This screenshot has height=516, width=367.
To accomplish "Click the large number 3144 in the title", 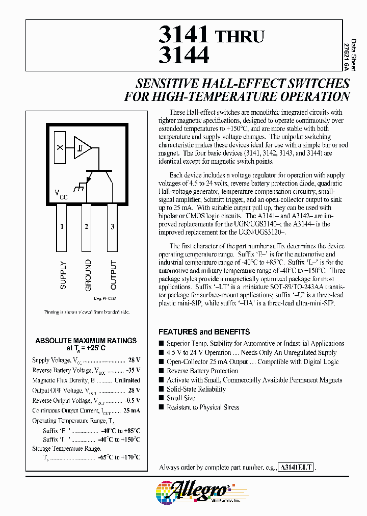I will [184, 55].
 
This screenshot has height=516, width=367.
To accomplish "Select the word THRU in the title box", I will [240, 36].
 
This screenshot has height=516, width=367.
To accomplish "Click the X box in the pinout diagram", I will [60, 147].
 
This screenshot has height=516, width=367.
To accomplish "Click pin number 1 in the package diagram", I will [62, 226].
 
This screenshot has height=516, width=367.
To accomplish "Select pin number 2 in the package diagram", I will [87, 226].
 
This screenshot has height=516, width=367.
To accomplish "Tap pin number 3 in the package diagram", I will [112, 226].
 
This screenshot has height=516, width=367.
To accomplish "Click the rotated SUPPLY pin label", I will [63, 275].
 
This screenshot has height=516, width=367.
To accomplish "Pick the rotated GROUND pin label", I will [88, 275].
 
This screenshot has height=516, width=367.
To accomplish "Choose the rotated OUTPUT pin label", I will [113, 275].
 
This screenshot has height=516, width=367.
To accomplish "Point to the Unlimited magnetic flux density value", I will [127, 380].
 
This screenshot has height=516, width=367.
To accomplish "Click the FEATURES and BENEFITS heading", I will [204, 331].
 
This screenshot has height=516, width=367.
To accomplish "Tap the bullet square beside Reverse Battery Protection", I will [162, 371].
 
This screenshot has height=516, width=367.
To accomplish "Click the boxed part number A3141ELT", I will [296, 467].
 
